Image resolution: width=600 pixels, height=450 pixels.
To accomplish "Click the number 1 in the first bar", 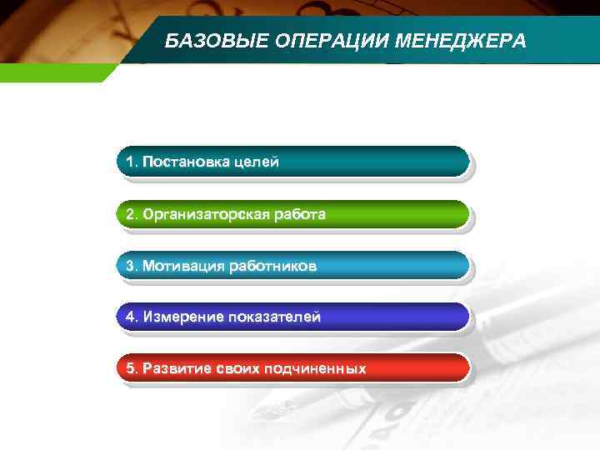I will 130,161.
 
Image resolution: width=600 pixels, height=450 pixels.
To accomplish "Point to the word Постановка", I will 183,161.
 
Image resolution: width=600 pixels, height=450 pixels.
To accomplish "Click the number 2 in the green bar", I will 130,214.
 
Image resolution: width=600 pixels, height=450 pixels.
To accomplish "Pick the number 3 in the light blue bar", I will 130,266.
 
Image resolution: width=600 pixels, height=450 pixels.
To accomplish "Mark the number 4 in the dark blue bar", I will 130,317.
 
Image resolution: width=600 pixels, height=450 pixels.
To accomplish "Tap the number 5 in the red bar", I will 130,367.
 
